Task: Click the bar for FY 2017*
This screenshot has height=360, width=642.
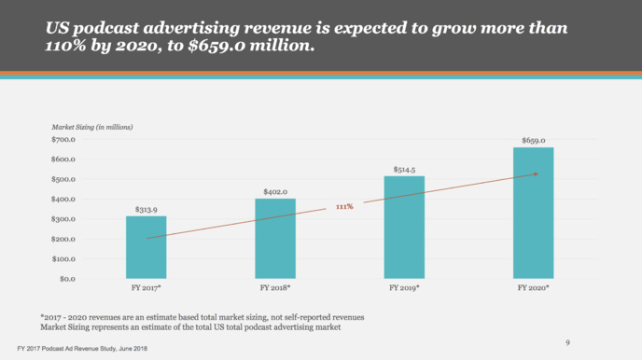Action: tap(147, 247)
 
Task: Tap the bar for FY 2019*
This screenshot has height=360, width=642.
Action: tap(404, 227)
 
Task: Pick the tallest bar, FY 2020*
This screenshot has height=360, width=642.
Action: tap(533, 213)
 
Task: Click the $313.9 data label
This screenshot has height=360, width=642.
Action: tap(147, 210)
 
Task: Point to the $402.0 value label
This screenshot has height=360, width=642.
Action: tap(275, 191)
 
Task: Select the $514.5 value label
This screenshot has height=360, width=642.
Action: tap(404, 169)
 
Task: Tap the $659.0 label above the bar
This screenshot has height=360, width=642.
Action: tap(533, 140)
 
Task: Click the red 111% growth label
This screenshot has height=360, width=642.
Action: tap(344, 206)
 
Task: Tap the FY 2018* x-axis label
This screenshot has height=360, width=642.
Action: tap(275, 288)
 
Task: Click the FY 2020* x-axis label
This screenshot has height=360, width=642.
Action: tap(533, 288)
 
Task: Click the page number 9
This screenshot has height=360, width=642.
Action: tap(567, 342)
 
